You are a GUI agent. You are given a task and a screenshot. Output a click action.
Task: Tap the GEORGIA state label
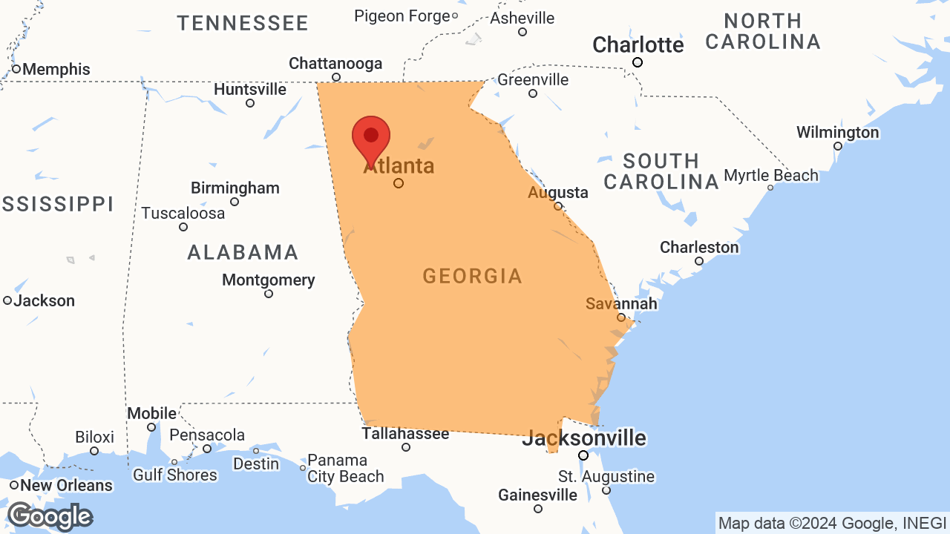tap(473, 277)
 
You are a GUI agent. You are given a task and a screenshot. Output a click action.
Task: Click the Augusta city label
tap(558, 193)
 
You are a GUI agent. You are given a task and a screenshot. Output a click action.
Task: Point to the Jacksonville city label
tap(584, 438)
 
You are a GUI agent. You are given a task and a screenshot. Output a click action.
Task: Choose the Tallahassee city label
tap(405, 433)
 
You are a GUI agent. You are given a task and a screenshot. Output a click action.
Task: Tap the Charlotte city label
tap(638, 45)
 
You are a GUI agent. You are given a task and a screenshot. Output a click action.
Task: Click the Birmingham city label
tap(235, 188)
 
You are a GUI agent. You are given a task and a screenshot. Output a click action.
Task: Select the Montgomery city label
tap(269, 280)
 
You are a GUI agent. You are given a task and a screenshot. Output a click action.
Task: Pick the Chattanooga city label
tap(335, 64)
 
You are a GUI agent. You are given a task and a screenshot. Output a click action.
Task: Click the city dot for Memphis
tap(16, 69)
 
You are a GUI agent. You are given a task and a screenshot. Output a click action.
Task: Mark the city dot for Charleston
tap(699, 261)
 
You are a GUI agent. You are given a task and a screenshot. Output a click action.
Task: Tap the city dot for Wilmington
tap(838, 146)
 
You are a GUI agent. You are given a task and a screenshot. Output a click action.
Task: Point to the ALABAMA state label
tap(243, 253)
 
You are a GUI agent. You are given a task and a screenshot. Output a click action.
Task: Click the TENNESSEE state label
tap(243, 23)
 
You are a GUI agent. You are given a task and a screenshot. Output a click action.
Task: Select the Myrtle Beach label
tap(771, 176)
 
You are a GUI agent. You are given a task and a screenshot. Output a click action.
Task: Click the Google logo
tap(50, 516)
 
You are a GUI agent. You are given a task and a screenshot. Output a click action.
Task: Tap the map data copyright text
tap(832, 523)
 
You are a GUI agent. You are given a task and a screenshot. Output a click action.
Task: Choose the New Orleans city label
tap(66, 486)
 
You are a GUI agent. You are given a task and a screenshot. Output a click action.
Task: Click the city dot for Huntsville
tap(250, 103)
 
